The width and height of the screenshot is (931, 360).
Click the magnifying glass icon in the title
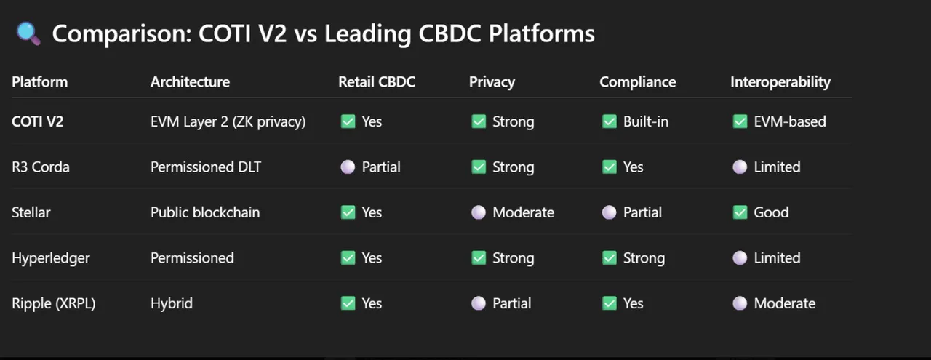click(x=28, y=33)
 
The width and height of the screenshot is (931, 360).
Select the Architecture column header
click(x=190, y=82)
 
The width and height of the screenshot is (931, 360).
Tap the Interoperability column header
click(x=780, y=82)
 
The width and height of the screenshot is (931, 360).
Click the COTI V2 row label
click(x=37, y=121)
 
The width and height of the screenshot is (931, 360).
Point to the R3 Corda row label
click(x=40, y=167)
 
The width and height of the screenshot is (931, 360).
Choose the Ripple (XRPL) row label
click(x=54, y=303)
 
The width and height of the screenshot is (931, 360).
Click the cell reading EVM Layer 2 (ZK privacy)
click(x=228, y=121)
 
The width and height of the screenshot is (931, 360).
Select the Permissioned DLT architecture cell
click(x=206, y=167)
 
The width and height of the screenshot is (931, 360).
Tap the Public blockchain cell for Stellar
click(x=205, y=212)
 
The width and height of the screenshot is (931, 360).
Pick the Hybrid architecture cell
click(x=172, y=303)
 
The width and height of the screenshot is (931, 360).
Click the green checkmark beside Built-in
click(x=610, y=121)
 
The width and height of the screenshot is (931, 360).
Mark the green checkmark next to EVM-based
click(x=740, y=121)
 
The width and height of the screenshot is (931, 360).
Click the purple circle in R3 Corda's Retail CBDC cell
click(x=348, y=167)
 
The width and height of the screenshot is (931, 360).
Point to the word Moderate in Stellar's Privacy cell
click(x=523, y=212)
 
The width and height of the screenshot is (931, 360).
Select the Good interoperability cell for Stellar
click(x=761, y=212)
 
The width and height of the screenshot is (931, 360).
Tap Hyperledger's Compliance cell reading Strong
click(x=634, y=257)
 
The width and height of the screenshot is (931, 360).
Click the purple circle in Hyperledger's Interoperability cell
click(x=740, y=257)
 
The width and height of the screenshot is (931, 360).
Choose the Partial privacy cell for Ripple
click(x=501, y=303)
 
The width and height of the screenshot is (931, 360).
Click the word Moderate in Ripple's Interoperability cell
click(x=785, y=303)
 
